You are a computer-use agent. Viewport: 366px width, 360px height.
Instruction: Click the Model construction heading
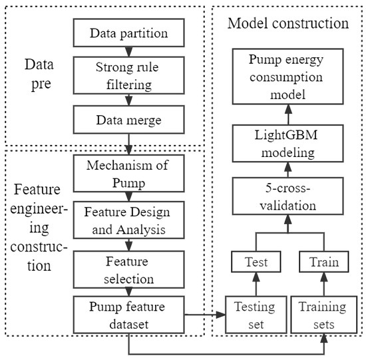point(287,23)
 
